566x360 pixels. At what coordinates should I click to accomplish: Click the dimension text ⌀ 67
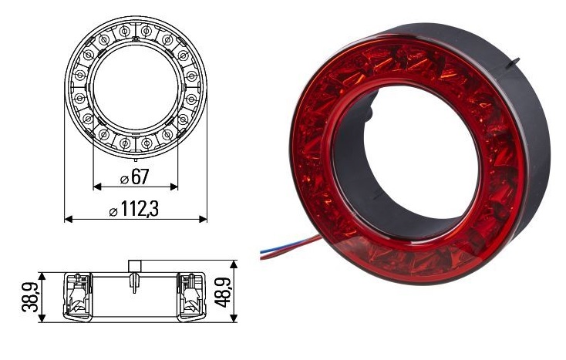tap(135, 177)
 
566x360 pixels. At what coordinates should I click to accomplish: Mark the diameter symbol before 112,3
tap(113, 210)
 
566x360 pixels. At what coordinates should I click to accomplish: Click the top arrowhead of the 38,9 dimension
tap(47, 275)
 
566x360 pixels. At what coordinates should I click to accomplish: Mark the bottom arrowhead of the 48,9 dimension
tap(236, 318)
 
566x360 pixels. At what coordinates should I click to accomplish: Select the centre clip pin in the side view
tap(135, 284)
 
